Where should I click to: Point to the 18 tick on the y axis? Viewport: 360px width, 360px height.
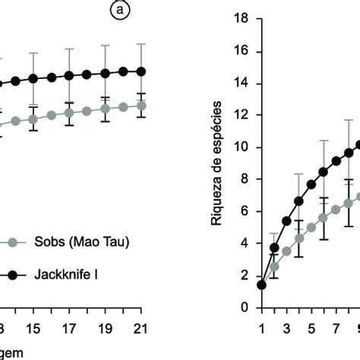(245, 18)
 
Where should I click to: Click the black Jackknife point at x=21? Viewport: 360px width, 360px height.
(141, 71)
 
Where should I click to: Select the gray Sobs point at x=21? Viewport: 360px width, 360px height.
(141, 106)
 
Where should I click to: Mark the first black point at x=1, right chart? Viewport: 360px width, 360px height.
(263, 285)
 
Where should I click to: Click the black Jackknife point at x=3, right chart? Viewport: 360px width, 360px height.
(287, 221)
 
